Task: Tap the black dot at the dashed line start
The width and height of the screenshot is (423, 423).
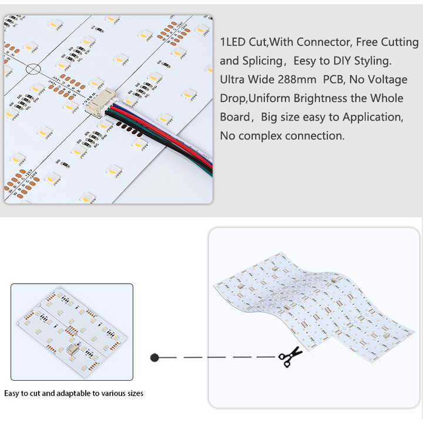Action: tap(155, 357)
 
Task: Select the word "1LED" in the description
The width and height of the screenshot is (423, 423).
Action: tap(234, 42)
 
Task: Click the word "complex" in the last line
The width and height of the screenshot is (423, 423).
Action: tap(260, 136)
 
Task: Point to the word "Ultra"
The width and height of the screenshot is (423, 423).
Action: tap(233, 79)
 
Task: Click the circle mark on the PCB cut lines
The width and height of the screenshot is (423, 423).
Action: tap(33, 68)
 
